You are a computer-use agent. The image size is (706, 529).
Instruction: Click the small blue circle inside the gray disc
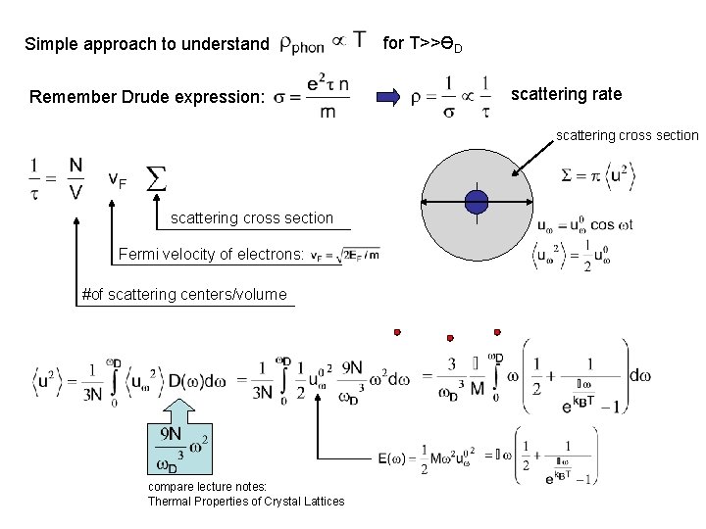point(477,202)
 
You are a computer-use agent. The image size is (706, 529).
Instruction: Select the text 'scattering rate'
point(567,94)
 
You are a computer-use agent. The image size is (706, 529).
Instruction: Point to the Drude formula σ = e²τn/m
point(313,97)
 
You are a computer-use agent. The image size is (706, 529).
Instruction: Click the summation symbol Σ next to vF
point(155,178)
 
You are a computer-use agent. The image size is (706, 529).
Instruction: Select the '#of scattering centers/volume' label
point(184,294)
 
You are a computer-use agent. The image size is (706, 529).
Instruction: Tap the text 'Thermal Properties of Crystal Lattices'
point(246,502)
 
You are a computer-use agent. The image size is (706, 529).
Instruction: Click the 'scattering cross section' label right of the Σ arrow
point(252,217)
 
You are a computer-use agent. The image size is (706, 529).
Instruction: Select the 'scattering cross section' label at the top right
point(628,135)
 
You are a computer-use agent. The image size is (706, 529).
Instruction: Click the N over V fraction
point(76,178)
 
